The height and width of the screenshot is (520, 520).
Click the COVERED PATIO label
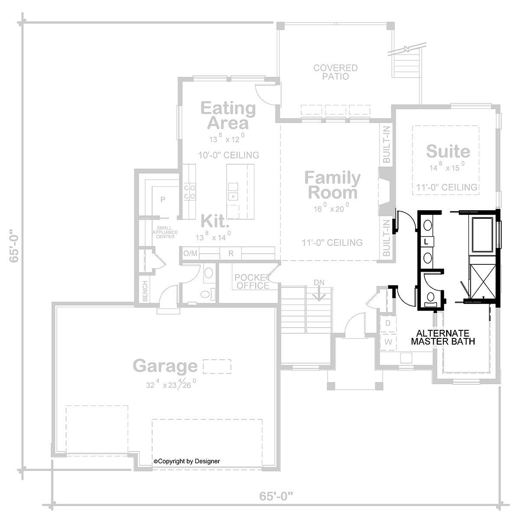pos(335,72)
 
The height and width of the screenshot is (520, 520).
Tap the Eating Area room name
pos(228,116)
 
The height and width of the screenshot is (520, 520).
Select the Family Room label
pos(332,185)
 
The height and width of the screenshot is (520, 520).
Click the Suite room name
pos(448,151)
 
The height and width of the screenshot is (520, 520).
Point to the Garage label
pos(165,366)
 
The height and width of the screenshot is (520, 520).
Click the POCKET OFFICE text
pos(252,281)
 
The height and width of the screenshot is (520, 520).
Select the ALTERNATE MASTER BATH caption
pos(442,337)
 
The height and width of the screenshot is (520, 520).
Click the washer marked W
pos(389,342)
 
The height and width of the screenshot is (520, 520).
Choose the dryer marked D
pos(388,323)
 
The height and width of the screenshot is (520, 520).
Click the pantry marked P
pos(163,200)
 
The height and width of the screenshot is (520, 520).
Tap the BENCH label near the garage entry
pos(145,291)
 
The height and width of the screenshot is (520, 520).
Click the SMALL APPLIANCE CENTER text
pos(165,232)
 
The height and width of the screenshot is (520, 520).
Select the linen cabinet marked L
pos(426,242)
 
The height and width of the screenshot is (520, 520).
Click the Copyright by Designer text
pos(187,461)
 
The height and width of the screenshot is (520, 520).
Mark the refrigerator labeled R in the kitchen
pos(231,253)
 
